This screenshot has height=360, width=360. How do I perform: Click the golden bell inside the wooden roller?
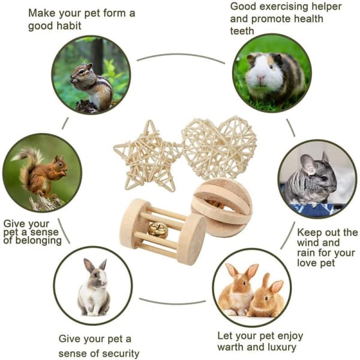pyautogui.click(x=157, y=230)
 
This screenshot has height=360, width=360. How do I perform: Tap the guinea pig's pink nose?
pyautogui.click(x=261, y=78)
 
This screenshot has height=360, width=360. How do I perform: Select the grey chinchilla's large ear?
pyautogui.click(x=308, y=164)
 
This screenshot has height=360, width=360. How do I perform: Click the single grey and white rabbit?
pyautogui.click(x=94, y=287)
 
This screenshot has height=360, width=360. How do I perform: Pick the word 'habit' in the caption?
pyautogui.click(x=68, y=26)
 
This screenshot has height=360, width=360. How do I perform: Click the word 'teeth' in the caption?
pyautogui.click(x=242, y=31)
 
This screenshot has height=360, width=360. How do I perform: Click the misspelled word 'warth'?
pyautogui.click(x=230, y=347)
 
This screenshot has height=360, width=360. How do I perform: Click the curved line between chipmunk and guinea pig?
pyautogui.click(x=181, y=55)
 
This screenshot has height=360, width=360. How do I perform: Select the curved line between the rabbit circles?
pyautogui.click(x=172, y=302)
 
